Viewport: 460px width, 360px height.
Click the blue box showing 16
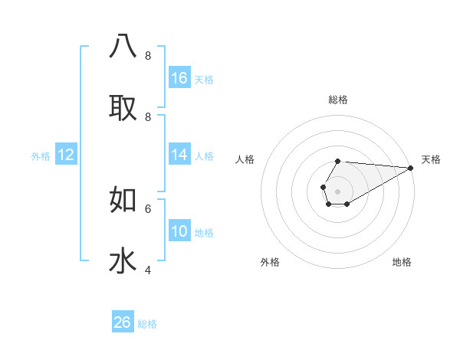(x=179, y=77)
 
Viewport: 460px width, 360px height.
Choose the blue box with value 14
(x=179, y=155)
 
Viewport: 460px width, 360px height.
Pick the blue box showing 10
(x=179, y=231)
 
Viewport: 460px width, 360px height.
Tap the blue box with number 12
(x=65, y=155)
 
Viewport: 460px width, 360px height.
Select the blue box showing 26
(x=123, y=322)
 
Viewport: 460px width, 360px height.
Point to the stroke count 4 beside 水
(x=148, y=270)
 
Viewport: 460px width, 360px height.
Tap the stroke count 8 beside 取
(x=148, y=117)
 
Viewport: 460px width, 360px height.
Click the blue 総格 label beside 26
(x=147, y=324)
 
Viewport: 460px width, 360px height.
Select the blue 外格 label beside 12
(x=41, y=156)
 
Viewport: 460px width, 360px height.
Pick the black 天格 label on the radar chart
(x=431, y=159)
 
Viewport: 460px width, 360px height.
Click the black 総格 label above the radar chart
(x=337, y=100)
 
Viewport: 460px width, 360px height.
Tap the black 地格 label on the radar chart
(x=402, y=262)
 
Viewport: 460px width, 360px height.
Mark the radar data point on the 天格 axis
(x=410, y=168)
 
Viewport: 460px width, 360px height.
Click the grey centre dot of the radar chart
(x=337, y=191)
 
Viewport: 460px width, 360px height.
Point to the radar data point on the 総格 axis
(x=337, y=161)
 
